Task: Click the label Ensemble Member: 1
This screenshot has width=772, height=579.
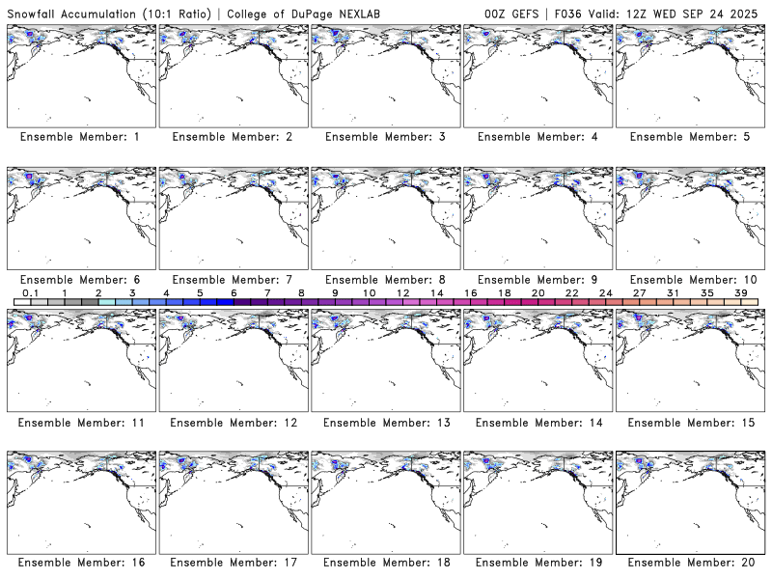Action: pyautogui.click(x=79, y=137)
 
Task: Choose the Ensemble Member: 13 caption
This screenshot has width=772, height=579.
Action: pyautogui.click(x=387, y=423)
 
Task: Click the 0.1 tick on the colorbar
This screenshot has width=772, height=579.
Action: pyautogui.click(x=30, y=292)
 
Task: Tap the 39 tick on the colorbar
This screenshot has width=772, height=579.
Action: pyautogui.click(x=740, y=292)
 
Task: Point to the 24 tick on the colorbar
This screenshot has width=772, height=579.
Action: pyautogui.click(x=605, y=292)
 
